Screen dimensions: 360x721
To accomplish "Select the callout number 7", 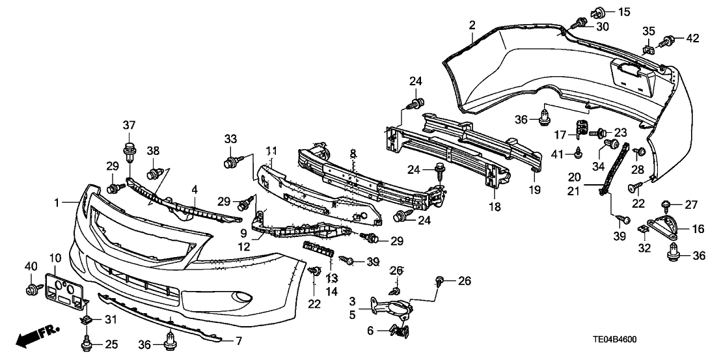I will coord(238,340).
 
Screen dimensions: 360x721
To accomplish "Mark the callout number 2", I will coord(472,25).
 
